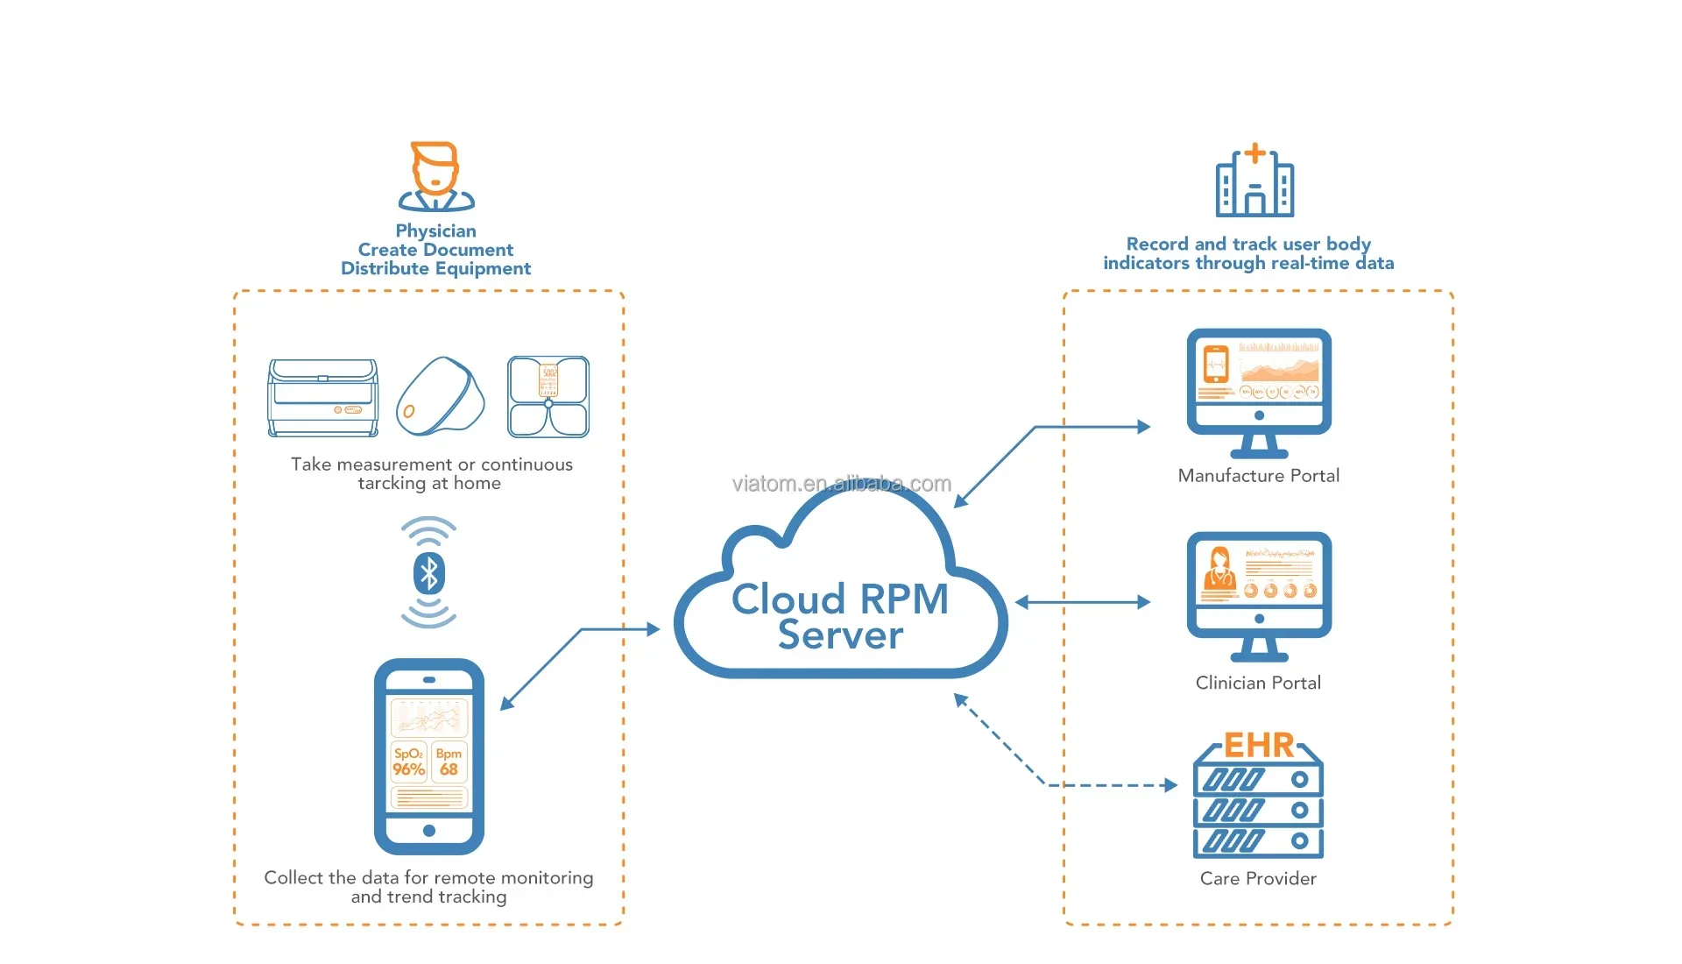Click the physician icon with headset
point(435,177)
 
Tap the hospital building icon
point(1254,181)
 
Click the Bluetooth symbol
point(428,574)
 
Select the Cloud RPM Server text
point(840,617)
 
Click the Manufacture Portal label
point(1258,476)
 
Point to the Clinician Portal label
point(1258,683)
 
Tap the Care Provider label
point(1258,879)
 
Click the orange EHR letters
point(1258,746)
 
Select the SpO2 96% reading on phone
point(408,762)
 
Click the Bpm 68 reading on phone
point(449,762)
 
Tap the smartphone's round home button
point(429,830)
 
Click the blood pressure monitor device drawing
point(323,398)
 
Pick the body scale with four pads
point(548,397)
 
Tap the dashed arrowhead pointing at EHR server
point(1170,785)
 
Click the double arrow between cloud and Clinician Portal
point(1083,602)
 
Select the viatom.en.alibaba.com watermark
point(841,484)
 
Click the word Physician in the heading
point(435,231)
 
